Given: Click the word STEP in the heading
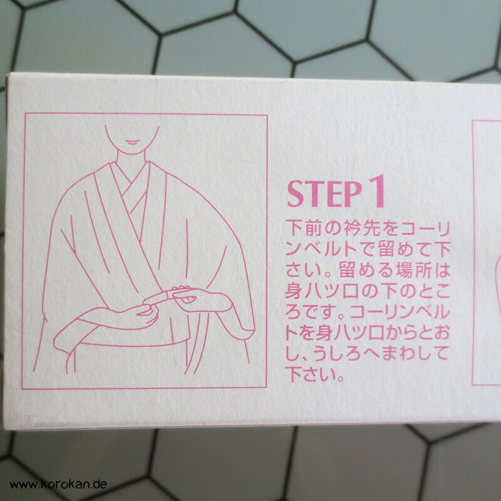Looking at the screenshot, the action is (x=324, y=194).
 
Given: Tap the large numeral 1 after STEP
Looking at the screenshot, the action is (x=378, y=191).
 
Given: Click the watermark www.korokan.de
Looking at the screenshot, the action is (x=58, y=484).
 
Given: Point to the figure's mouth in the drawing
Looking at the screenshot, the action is (x=132, y=142).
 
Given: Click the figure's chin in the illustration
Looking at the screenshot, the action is (x=132, y=150).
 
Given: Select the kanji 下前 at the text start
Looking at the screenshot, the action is (x=304, y=228).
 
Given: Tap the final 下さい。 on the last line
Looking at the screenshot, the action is (x=314, y=374).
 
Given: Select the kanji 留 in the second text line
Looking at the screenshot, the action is (x=388, y=249).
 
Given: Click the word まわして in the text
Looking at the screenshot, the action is (x=413, y=354).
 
